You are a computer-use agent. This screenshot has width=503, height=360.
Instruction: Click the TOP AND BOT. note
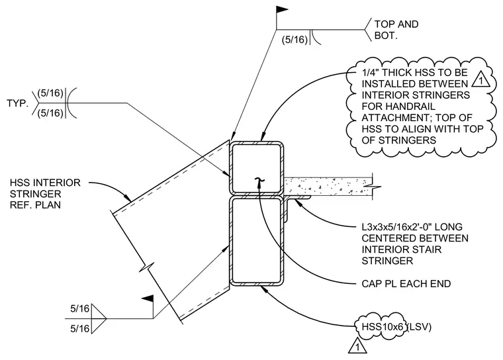(396, 30)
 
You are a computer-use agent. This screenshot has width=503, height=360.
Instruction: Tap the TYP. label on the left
(18, 103)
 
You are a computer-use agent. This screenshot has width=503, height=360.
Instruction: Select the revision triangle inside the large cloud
(480, 79)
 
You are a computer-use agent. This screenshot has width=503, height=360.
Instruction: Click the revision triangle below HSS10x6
(357, 345)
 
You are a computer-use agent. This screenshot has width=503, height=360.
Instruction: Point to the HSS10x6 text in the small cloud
(382, 327)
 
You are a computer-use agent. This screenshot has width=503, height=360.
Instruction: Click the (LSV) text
(419, 327)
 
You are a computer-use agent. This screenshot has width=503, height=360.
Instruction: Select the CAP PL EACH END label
(406, 284)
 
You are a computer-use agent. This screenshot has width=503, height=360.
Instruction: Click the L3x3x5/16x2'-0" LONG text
(412, 227)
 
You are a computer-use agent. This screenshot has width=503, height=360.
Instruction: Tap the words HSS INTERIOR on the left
(45, 183)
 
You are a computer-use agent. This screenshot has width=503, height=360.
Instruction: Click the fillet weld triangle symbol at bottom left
(99, 318)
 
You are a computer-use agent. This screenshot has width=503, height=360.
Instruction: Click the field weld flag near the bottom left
(148, 298)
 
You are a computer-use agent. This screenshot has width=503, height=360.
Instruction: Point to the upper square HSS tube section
(256, 167)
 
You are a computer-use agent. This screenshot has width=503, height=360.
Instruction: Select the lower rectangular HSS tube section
(256, 241)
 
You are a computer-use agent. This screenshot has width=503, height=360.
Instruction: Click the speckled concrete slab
(328, 186)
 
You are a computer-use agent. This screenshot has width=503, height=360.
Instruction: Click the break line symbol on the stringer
(147, 267)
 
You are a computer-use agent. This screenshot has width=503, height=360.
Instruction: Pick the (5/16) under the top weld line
(295, 40)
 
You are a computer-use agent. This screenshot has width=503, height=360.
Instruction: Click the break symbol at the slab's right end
(373, 186)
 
